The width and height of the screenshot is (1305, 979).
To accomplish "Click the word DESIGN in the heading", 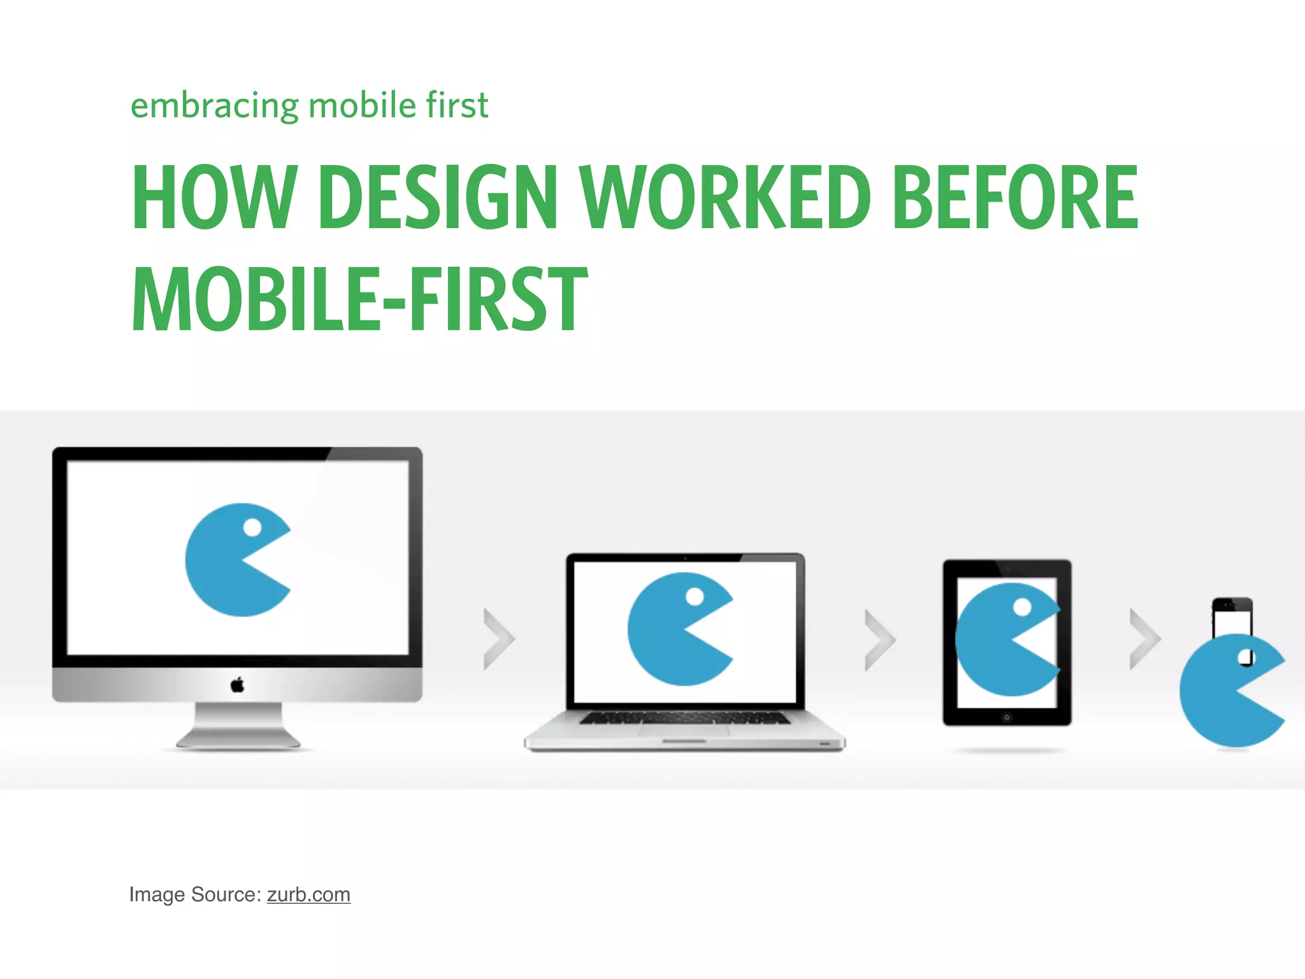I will (438, 197).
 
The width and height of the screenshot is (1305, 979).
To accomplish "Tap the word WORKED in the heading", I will (725, 197).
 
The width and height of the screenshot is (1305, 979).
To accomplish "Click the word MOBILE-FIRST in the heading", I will (360, 300).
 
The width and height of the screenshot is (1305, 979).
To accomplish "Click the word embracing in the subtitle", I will (214, 106).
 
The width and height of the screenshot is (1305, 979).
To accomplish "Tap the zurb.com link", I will (308, 894).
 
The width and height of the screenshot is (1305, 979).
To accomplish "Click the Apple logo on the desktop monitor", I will (237, 685).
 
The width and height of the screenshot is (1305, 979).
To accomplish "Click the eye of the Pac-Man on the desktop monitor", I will (252, 528).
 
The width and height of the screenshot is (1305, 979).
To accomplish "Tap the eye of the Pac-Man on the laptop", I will (695, 597).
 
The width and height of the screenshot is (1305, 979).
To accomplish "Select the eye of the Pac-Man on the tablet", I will (1022, 607).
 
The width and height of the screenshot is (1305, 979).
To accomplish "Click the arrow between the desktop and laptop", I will (498, 639).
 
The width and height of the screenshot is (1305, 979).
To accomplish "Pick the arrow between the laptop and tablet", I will (879, 640).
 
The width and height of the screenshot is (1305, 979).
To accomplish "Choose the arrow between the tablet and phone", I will (1144, 639).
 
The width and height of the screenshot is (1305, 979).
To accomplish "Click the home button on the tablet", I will (1007, 718).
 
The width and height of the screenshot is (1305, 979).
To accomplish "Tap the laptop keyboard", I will (684, 718).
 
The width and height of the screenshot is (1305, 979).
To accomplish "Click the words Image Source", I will (194, 894).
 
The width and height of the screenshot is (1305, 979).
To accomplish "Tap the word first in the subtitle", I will (458, 106).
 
